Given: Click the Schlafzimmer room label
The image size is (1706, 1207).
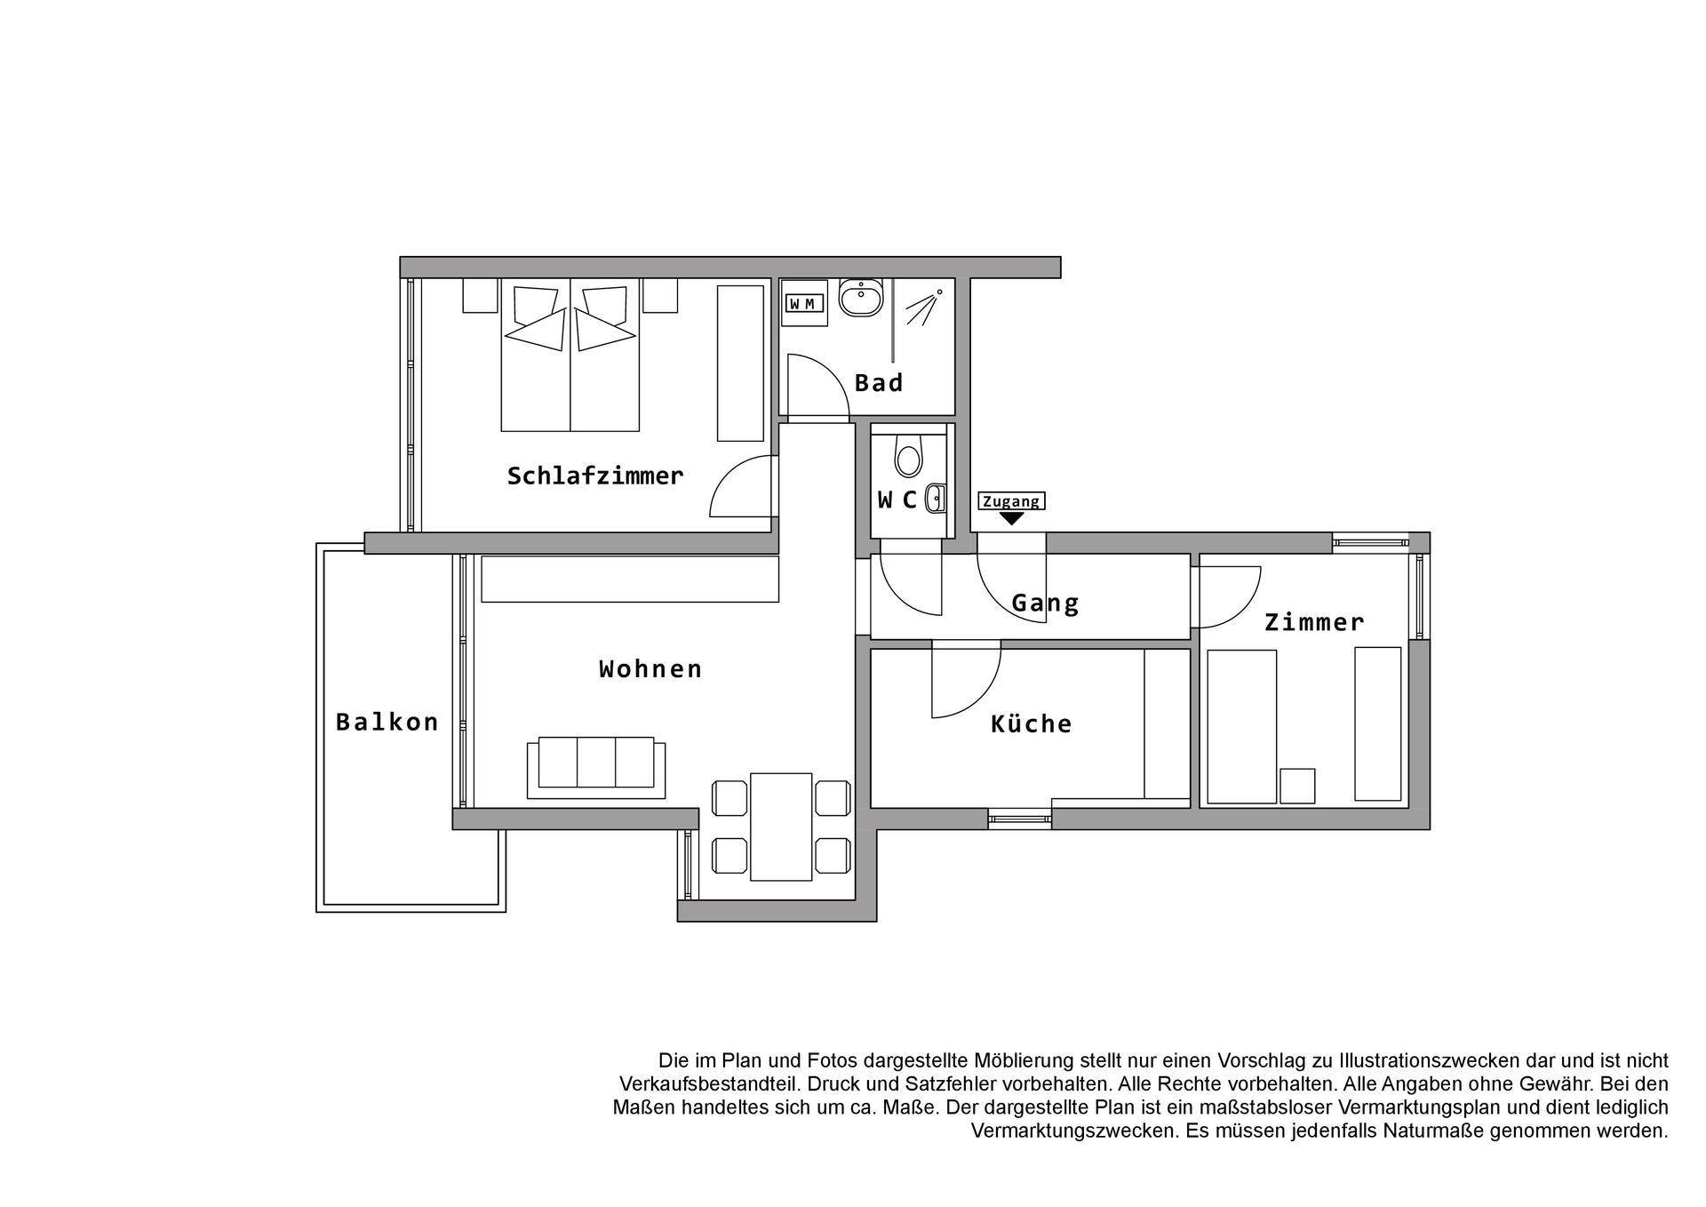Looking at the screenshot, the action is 595,476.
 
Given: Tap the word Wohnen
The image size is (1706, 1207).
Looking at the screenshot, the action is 650,668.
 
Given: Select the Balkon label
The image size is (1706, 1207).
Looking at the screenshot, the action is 387,722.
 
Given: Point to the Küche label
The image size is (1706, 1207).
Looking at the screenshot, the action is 1031,723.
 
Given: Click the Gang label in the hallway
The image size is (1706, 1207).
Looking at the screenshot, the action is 1045,603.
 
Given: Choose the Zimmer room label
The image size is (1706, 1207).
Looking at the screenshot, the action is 1314,622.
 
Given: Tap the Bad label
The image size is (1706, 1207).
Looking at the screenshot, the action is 879,383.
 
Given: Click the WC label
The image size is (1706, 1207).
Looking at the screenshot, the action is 897,500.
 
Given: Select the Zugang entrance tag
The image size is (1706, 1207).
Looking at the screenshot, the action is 1011,501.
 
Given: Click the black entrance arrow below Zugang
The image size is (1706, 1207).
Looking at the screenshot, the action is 1011,518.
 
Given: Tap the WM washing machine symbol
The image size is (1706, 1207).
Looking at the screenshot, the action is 803,303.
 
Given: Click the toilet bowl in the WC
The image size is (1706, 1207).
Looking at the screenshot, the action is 908,456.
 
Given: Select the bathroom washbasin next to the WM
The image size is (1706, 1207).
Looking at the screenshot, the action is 861,299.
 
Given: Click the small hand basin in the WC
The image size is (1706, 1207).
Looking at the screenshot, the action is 935,500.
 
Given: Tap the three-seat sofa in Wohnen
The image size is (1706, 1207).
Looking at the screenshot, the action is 596,768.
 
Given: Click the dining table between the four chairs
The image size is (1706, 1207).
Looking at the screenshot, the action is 781,827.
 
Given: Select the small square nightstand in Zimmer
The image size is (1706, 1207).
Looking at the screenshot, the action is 1297,786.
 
